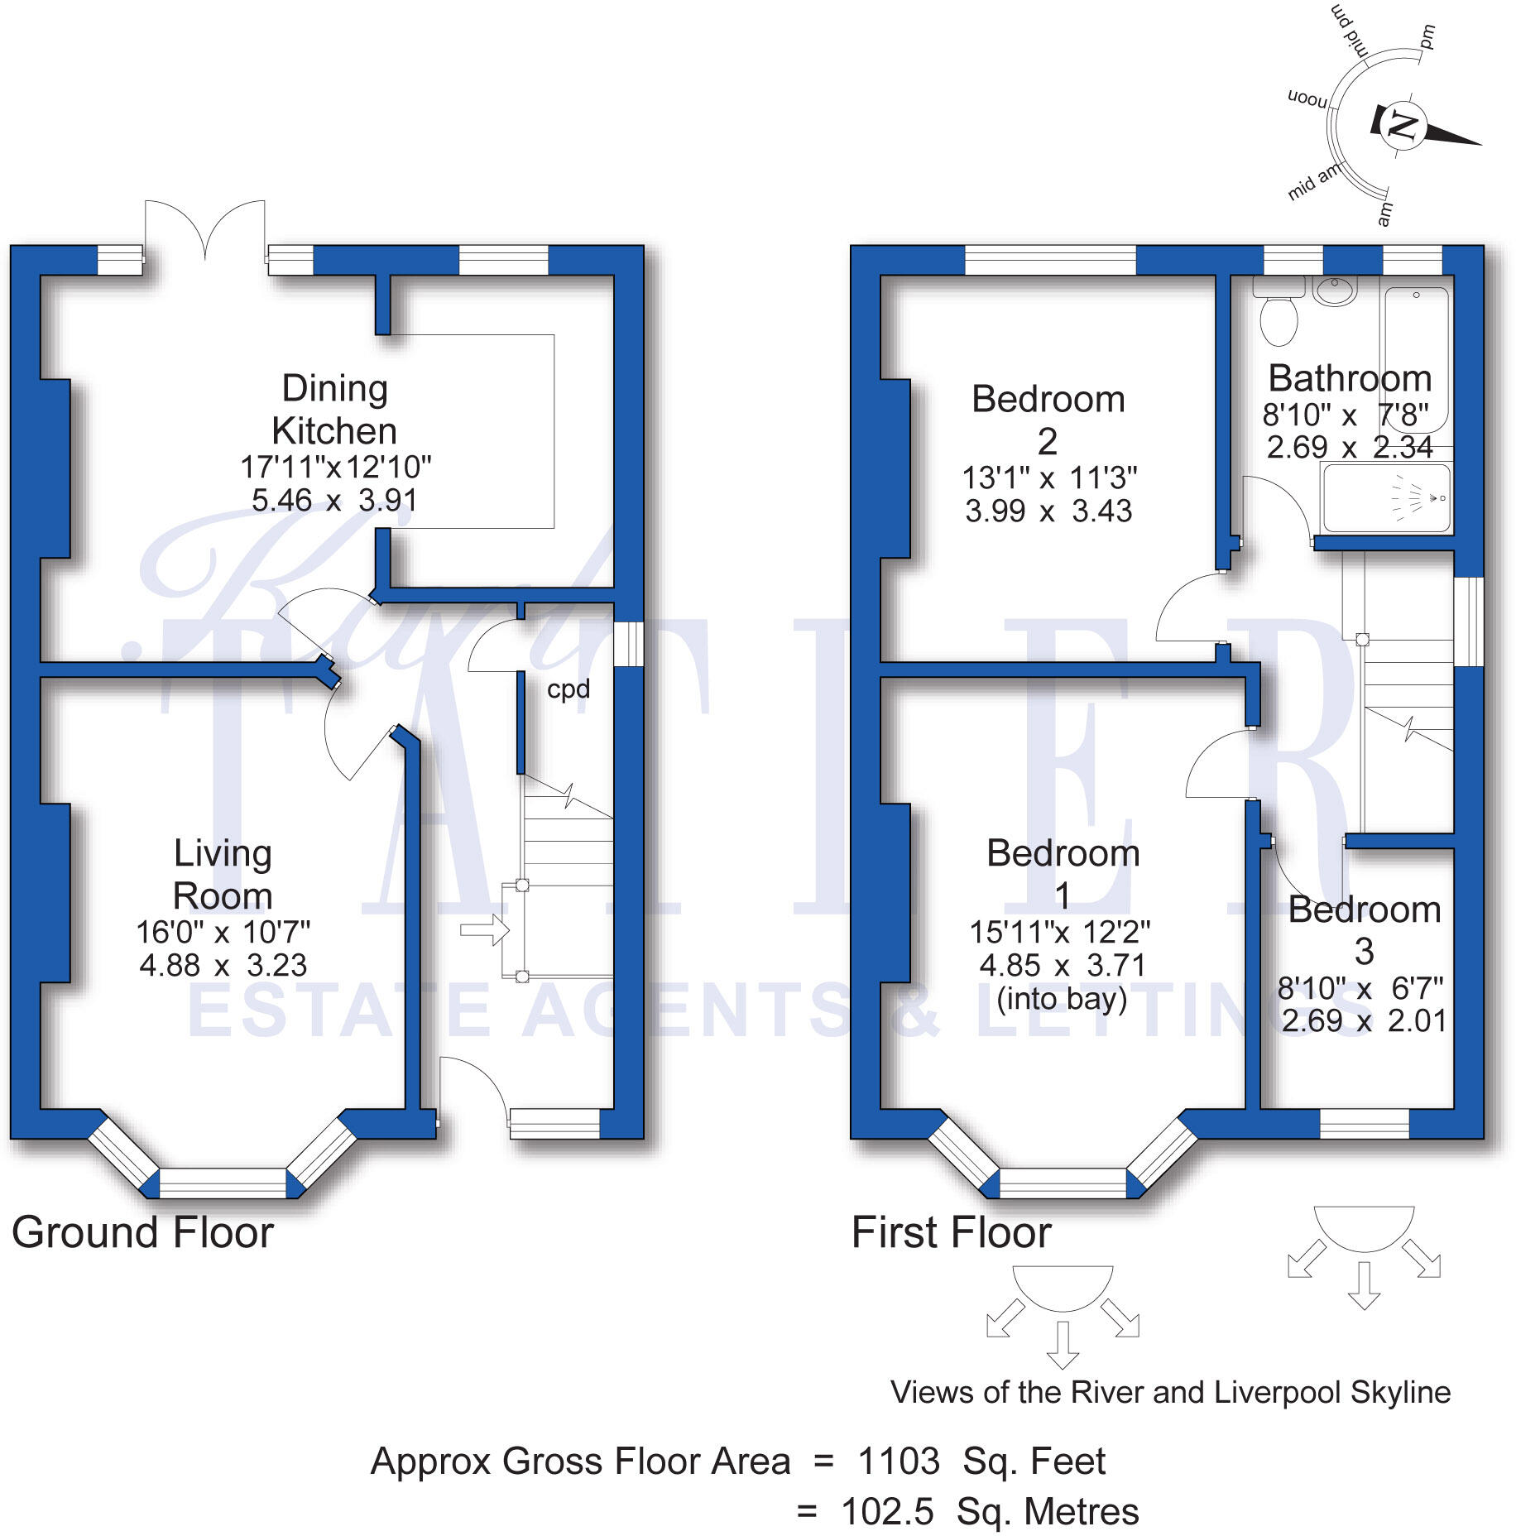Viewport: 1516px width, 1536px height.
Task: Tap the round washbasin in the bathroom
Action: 1334,290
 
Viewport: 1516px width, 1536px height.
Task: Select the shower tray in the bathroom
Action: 1386,498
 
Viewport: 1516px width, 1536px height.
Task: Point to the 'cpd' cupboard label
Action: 568,689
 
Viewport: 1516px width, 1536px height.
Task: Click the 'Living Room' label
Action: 223,874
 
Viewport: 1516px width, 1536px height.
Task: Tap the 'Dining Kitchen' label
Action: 335,409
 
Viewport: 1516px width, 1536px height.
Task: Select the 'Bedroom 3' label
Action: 1365,929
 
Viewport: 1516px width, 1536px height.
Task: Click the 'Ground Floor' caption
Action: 142,1232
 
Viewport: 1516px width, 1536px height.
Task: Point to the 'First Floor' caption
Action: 951,1232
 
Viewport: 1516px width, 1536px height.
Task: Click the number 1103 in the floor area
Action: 898,1462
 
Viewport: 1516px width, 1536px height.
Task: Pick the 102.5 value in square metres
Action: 887,1512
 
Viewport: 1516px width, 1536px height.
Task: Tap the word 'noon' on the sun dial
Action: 1307,98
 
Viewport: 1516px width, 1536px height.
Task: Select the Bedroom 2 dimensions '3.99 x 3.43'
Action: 1048,511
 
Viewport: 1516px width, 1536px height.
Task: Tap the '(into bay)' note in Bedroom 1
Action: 1063,999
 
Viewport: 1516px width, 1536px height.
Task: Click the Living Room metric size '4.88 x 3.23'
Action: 223,965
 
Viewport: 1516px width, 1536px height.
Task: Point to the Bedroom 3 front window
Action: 1364,1123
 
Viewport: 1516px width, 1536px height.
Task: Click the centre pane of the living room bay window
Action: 222,1183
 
